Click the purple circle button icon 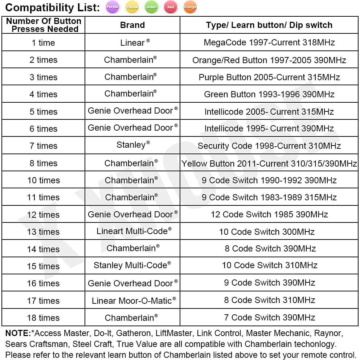[x=113, y=7]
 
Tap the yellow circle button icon [x=132, y=7]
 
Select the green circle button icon [x=151, y=7]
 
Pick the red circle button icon [x=171, y=7]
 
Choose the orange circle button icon [x=190, y=7]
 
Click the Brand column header [x=132, y=25]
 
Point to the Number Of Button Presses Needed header [x=44, y=25]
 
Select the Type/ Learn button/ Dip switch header [x=269, y=25]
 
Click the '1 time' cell [x=44, y=43]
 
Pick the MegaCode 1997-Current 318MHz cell [x=269, y=42]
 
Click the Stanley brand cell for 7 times [x=132, y=146]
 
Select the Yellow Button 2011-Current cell [x=269, y=164]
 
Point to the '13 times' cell [x=44, y=232]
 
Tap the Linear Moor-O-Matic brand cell [x=133, y=300]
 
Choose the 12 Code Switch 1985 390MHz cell [x=269, y=214]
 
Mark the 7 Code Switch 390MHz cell [x=269, y=318]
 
